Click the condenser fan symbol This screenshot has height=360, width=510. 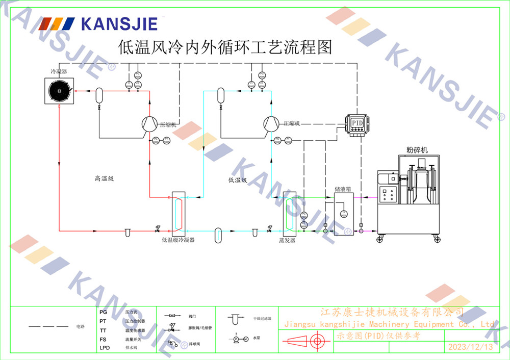[59, 91]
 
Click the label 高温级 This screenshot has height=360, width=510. [104, 178]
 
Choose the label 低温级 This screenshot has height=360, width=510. [237, 179]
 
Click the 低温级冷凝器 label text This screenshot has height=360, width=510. [178, 239]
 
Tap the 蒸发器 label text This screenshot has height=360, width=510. [287, 240]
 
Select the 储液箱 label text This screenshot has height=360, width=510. [342, 189]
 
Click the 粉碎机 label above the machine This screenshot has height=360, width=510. [417, 149]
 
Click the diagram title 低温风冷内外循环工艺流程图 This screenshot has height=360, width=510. [225, 47]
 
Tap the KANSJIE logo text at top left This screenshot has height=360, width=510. [119, 23]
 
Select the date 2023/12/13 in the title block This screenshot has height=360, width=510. [470, 347]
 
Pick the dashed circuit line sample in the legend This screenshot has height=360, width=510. [48, 326]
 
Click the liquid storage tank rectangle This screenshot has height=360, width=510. [343, 214]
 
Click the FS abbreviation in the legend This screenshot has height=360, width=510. [103, 339]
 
